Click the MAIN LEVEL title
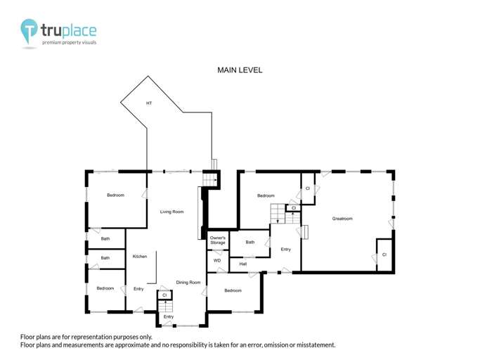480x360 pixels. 240,70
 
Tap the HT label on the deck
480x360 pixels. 149,103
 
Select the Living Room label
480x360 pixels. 171,212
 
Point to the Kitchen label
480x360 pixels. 139,257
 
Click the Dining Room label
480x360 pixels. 188,283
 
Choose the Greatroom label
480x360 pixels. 342,219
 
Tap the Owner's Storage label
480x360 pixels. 218,240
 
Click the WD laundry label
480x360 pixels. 217,261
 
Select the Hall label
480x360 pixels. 242,264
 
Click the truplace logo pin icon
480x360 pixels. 30,32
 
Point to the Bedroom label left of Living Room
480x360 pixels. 115,195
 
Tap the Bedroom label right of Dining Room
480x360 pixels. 233,290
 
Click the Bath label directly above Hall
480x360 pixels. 250,243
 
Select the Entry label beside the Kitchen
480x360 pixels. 138,289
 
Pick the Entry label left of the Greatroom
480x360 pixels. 286,250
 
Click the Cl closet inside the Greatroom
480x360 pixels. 384,254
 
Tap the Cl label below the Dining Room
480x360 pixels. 164,295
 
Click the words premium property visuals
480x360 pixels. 70,43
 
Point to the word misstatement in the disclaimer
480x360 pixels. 313,345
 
